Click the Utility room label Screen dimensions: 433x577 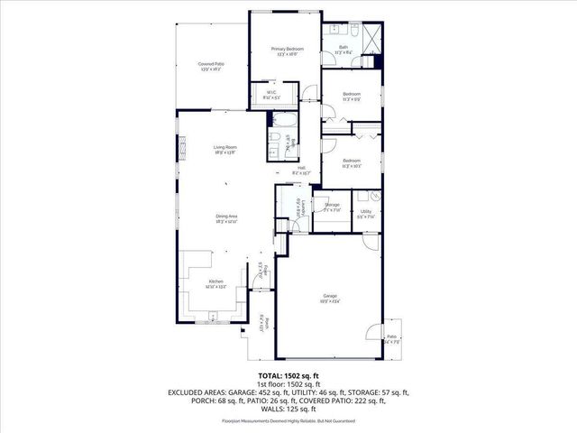365,214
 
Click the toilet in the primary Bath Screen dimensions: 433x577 355,33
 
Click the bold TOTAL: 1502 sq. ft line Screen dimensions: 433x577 288,373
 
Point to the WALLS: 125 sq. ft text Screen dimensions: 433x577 288,410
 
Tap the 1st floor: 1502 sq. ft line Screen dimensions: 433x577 288,383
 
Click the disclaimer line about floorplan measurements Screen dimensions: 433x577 288,421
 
